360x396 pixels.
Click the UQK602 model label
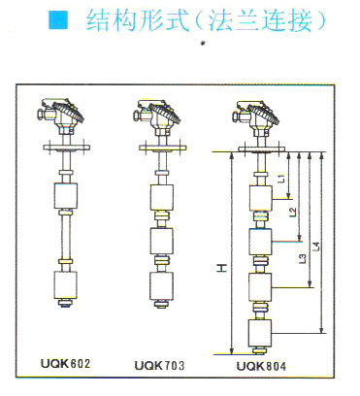(x=65, y=363)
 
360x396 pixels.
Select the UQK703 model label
(x=159, y=366)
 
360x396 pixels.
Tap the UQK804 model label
(x=261, y=366)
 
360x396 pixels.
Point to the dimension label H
(x=222, y=268)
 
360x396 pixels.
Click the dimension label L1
(x=281, y=178)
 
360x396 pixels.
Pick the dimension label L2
(x=293, y=212)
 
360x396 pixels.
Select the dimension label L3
(x=303, y=259)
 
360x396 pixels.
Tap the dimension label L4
(x=317, y=247)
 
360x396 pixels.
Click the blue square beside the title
(x=58, y=20)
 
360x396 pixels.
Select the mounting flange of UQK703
(x=162, y=148)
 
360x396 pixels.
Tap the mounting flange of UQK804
(x=262, y=148)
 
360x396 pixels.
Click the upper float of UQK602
(x=66, y=195)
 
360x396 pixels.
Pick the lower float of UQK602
(x=66, y=284)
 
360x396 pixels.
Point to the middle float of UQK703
(x=162, y=241)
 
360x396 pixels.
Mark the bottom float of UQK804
(x=260, y=333)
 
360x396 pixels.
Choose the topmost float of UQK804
(x=261, y=198)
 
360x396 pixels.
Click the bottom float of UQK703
(x=161, y=286)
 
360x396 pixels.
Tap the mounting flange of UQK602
(x=67, y=147)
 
